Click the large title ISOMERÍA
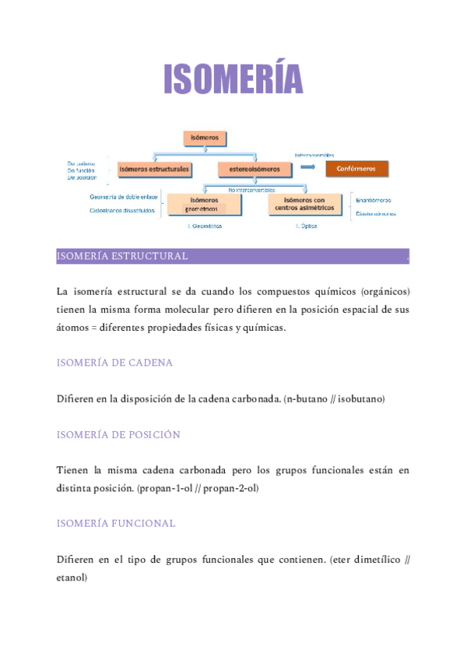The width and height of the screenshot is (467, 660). point(233,79)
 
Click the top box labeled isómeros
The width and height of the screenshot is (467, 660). point(205,139)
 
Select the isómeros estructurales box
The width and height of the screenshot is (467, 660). point(153,169)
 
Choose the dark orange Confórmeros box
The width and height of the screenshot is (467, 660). point(356,169)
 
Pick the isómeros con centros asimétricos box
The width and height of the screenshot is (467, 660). point(305,204)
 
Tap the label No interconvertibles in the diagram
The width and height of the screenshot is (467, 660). point(252,189)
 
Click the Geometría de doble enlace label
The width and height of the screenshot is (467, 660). point(124,197)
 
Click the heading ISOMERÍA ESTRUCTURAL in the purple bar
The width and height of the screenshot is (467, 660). point(122,256)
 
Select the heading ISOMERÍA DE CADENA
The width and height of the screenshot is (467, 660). point(114,363)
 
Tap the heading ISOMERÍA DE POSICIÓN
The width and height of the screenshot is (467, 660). point(118,434)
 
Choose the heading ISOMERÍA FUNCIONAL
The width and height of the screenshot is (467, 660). point(116,523)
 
